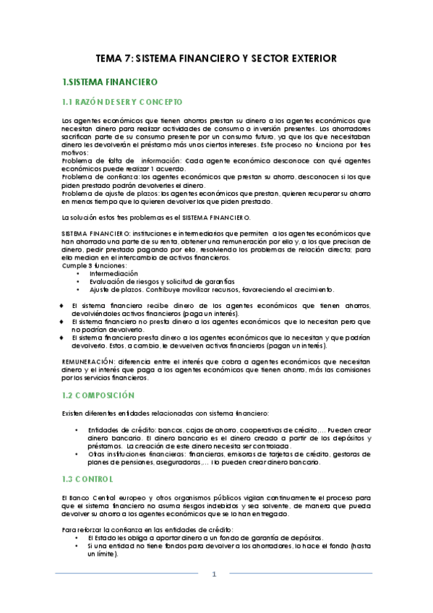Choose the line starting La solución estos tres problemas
click(156, 217)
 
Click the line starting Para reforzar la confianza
click(141, 530)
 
